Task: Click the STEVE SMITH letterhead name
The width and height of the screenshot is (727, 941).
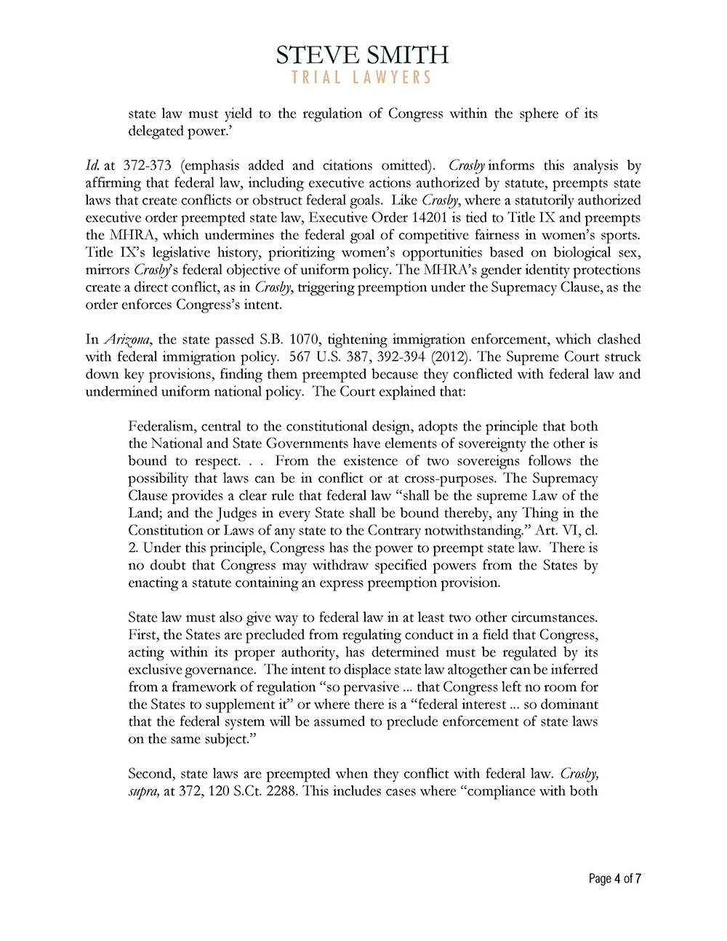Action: tap(362, 55)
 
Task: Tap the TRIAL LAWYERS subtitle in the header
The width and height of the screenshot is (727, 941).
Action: tap(362, 78)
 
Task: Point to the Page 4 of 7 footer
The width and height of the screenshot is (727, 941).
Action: tap(614, 878)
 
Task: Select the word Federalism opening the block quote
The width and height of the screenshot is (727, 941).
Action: tap(161, 426)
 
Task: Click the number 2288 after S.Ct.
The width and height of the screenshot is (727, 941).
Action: tap(278, 791)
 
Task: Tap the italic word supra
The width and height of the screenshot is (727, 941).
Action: tap(143, 791)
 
